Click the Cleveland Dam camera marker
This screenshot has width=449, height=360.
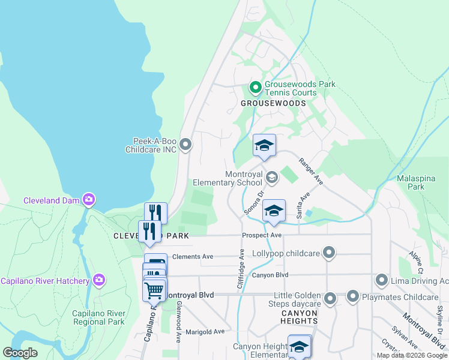[89, 199]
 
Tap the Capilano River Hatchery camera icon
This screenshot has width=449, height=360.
[99, 280]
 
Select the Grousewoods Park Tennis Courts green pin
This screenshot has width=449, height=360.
[255, 88]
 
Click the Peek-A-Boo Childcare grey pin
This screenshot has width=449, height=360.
[185, 144]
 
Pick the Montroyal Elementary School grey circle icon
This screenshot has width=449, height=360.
[272, 177]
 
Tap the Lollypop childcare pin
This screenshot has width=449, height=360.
[329, 253]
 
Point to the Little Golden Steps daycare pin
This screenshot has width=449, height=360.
[330, 298]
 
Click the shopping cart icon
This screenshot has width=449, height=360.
[154, 290]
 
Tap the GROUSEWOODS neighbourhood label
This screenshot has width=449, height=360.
[273, 103]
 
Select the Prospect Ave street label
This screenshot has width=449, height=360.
[262, 235]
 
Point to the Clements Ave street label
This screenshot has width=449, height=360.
[193, 256]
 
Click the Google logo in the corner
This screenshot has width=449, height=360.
[20, 353]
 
